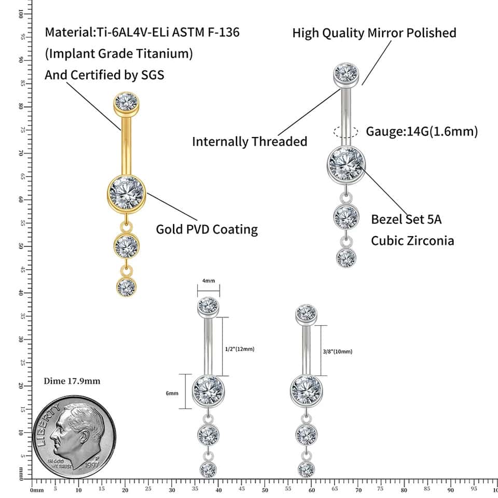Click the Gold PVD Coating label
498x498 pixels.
coord(207,229)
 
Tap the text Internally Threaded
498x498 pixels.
coord(250,141)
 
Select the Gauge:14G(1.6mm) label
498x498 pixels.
coord(422,131)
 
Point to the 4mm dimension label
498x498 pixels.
coord(209,281)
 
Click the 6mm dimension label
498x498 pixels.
coord(172,393)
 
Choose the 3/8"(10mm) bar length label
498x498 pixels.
coord(337,351)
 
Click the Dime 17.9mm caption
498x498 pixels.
coord(72,381)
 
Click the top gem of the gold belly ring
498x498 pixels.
coord(126,102)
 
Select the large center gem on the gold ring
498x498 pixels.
coord(127,192)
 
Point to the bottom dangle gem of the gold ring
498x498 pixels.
coord(126,287)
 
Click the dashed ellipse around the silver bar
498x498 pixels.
coord(346,132)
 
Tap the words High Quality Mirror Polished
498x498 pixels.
coord(374,33)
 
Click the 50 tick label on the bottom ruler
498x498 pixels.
coord(265,489)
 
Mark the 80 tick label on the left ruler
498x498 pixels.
coord(20,106)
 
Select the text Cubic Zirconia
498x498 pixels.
coord(412,241)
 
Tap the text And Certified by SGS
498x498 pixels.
coord(104,75)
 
